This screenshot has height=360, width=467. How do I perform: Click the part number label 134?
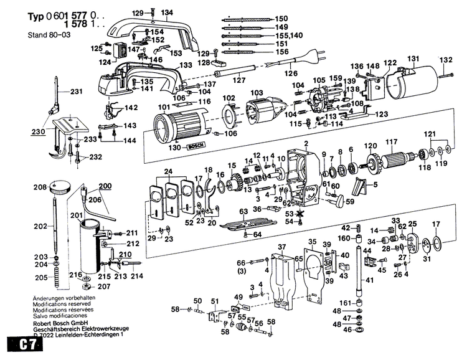pos(167,12)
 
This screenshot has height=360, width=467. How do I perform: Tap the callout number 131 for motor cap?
pos(413,59)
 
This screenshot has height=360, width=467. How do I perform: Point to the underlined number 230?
pos(38,132)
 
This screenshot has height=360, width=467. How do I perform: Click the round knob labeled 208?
pos(60,185)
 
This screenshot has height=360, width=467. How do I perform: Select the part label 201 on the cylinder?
pos(76,215)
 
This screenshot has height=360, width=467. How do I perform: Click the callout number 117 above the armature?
pos(391,141)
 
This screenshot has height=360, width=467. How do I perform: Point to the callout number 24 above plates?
pos(168,171)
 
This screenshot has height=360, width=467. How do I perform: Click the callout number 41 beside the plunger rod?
pos(370,281)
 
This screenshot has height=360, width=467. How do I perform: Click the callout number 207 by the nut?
pos(104,286)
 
